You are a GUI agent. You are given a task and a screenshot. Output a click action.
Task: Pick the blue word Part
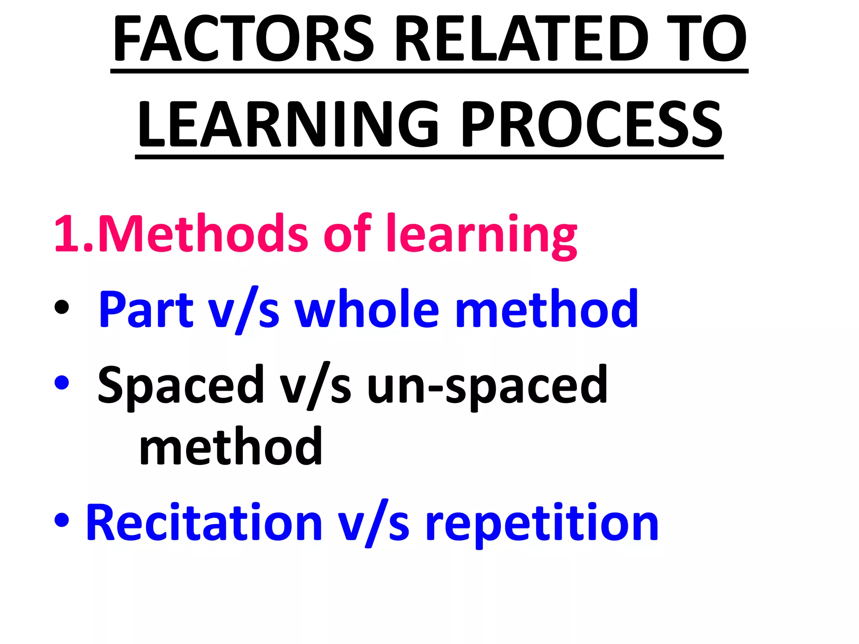coord(146,309)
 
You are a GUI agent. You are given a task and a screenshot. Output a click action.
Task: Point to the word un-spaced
coord(487,386)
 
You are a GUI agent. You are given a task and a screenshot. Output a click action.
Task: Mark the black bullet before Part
coord(62,307)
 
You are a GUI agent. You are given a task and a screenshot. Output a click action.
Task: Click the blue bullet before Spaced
coord(62,382)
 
